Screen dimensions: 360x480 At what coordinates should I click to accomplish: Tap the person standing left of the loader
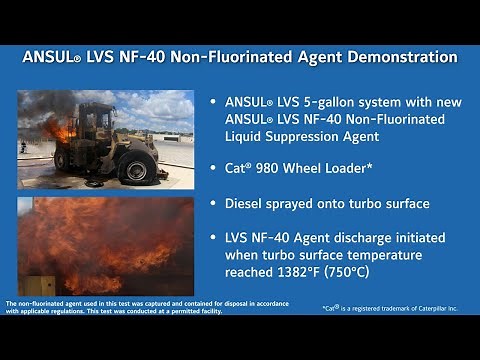[23, 146]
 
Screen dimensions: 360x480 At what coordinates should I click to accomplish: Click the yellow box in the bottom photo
[39, 285]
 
